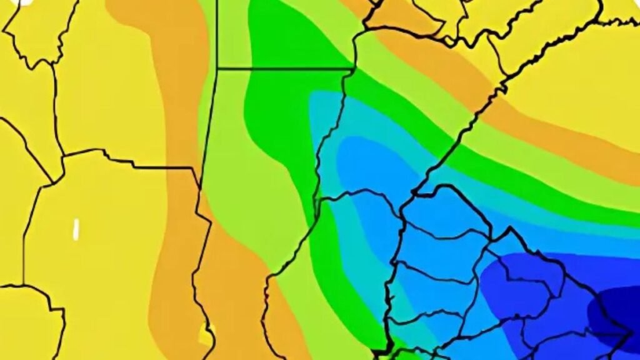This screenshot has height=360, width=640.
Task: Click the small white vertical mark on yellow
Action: [76, 229]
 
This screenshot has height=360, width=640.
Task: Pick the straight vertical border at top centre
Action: [217, 34]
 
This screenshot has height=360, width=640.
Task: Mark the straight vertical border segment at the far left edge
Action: [24, 250]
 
